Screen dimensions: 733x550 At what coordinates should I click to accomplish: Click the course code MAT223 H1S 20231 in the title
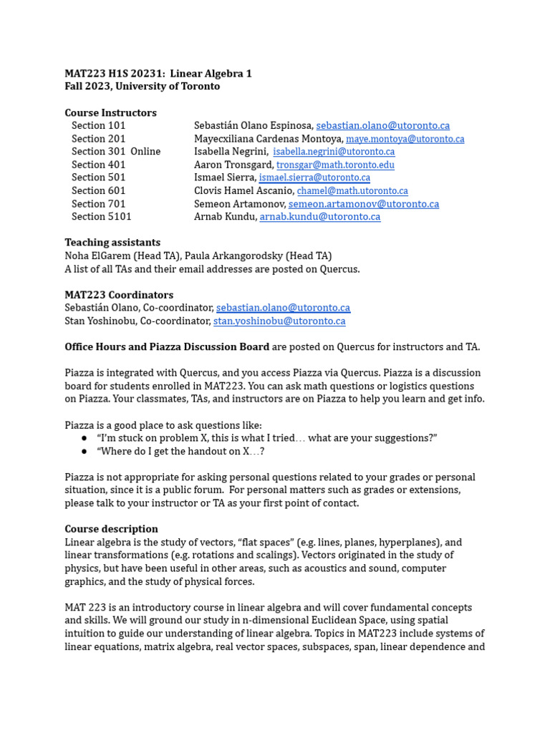click(115, 74)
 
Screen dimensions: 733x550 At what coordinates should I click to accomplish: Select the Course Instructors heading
click(110, 112)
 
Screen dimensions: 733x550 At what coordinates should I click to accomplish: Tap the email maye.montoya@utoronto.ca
click(405, 139)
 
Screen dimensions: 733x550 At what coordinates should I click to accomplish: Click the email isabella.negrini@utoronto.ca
click(334, 152)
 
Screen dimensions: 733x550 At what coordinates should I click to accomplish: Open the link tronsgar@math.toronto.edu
click(335, 165)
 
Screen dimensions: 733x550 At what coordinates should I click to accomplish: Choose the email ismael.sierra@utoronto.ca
click(314, 178)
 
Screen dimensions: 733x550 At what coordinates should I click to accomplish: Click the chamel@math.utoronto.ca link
click(352, 191)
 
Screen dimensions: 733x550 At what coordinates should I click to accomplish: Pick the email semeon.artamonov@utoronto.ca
click(364, 204)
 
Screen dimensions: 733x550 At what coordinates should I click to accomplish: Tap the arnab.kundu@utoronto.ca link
click(319, 217)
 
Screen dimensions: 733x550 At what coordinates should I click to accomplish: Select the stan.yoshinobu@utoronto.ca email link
click(279, 321)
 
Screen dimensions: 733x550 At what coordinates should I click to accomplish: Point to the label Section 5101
click(102, 217)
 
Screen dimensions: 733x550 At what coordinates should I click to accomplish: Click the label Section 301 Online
click(116, 152)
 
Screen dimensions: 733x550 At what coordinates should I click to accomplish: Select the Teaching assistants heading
click(112, 243)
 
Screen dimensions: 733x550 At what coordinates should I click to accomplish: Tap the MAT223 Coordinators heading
click(119, 295)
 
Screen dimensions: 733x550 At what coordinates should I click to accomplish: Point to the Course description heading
click(111, 529)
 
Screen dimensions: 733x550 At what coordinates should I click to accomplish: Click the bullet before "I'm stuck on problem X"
click(84, 438)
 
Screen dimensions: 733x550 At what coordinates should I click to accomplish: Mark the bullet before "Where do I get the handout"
click(84, 451)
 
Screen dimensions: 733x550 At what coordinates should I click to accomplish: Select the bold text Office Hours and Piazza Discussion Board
click(167, 347)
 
